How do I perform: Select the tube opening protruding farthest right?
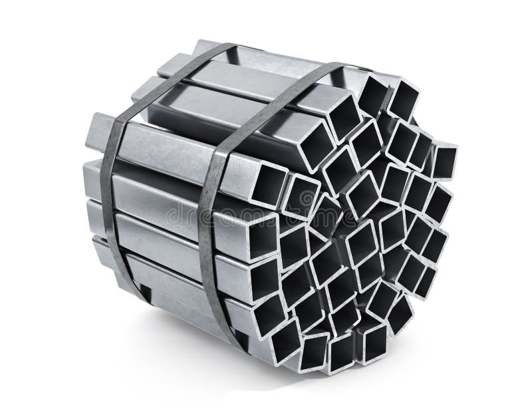click(444, 160)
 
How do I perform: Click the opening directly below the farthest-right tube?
click(438, 204)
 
